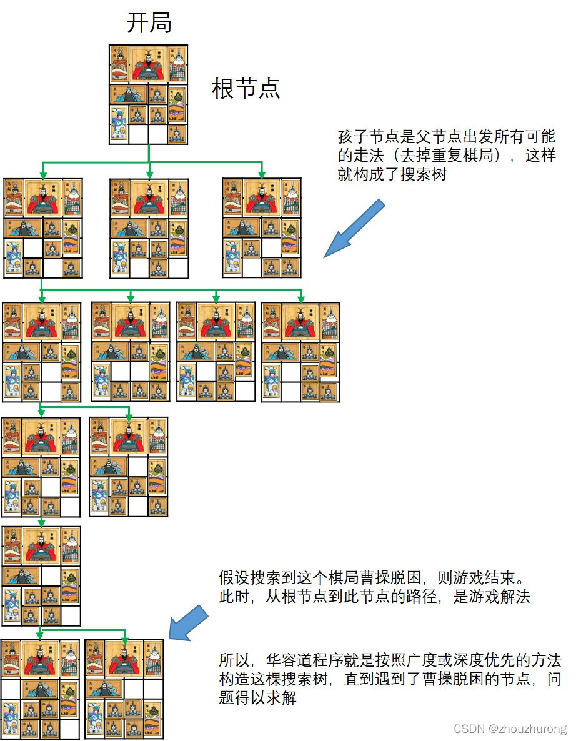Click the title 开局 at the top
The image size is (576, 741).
coord(149,24)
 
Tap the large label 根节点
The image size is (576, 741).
coord(246,89)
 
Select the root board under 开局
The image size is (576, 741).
coord(148,94)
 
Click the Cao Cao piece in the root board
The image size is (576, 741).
coord(148,64)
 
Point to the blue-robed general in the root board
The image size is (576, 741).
coord(119,124)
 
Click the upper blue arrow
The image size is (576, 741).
coord(353,229)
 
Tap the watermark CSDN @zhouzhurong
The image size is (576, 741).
coord(510,729)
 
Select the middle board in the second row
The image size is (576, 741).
coord(149,228)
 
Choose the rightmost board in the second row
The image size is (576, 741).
coord(262,228)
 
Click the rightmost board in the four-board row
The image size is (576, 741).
coord(300,352)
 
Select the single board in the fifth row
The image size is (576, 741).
coord(42,576)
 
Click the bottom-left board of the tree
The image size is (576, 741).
coord(41,689)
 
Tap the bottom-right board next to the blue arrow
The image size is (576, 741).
coord(124,689)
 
